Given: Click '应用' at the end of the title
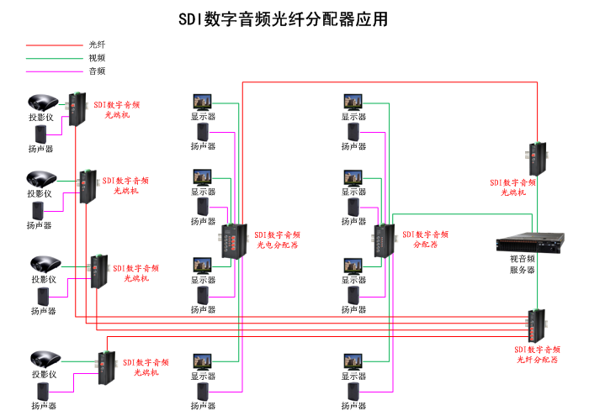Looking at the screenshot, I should [x=374, y=19].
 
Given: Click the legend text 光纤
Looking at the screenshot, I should [x=97, y=45].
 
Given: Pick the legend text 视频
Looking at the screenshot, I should [x=97, y=58].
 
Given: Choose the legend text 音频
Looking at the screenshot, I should [x=97, y=71].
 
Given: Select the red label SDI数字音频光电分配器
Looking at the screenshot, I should [x=279, y=240].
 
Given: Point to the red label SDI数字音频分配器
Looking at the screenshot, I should [x=426, y=240].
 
